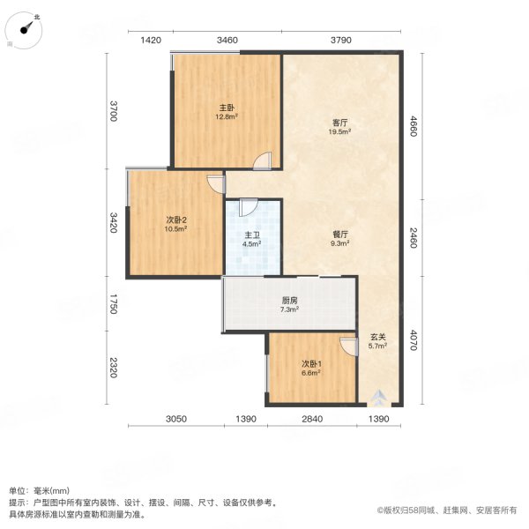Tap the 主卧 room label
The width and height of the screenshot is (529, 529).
click(227, 108)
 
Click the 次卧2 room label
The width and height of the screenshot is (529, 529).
click(175, 220)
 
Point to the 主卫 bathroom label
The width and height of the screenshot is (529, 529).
click(251, 235)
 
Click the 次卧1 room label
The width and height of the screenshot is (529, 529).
click(311, 364)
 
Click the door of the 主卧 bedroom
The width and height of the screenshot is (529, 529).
click(261, 160)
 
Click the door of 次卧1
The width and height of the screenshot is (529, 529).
click(348, 346)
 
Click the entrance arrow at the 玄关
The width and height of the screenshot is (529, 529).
click(377, 397)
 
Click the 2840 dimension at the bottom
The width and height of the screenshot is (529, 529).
click(313, 418)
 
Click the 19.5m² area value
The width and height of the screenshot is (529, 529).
click(339, 132)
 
